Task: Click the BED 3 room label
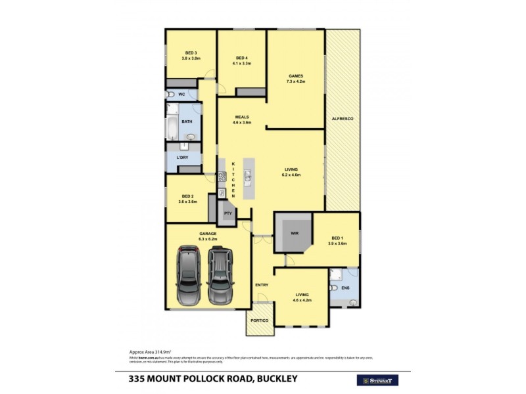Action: click(191, 53)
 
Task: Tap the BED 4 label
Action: click(242, 57)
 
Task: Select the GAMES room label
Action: click(294, 76)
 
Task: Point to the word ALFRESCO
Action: click(343, 118)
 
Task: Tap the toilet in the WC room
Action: click(170, 95)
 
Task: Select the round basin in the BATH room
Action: click(191, 137)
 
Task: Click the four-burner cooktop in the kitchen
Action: click(222, 176)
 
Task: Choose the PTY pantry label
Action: click(228, 213)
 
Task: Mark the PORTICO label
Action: click(260, 320)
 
